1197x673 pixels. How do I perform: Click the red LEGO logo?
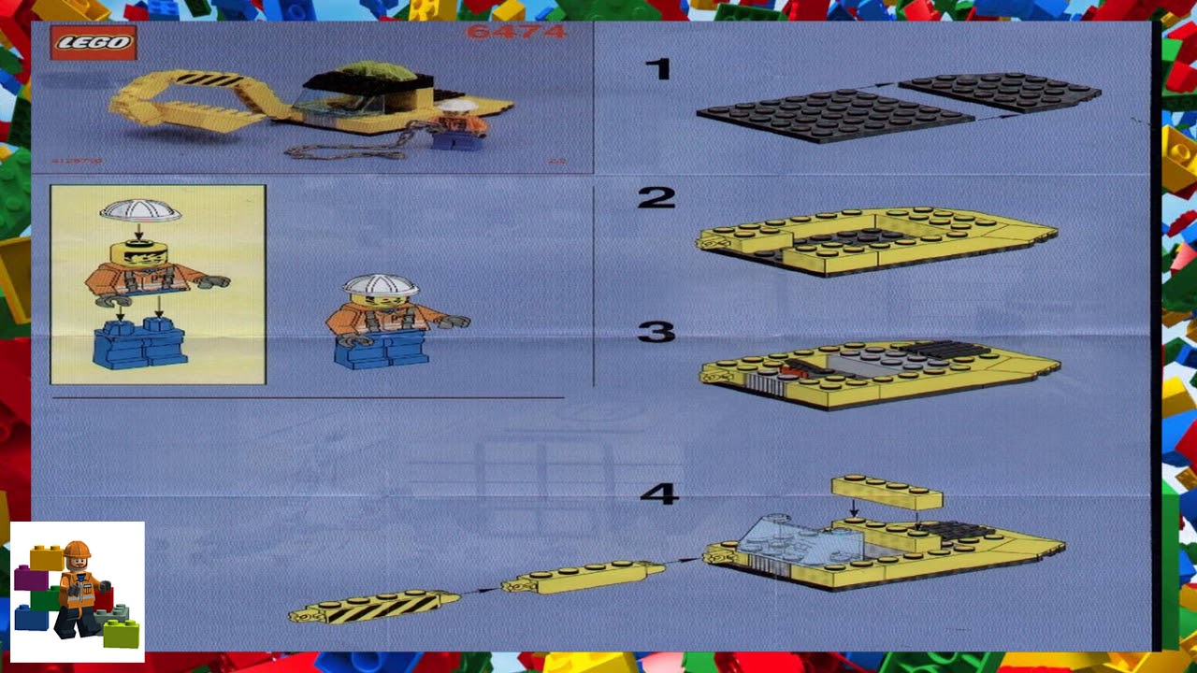coord(94,43)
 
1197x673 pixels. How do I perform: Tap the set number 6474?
coord(516,33)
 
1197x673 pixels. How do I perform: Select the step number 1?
coord(658,68)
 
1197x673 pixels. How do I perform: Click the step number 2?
coord(656,197)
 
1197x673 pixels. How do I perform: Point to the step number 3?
coord(656,332)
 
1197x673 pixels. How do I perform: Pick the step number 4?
coord(658,494)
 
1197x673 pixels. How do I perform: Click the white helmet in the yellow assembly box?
coord(140,211)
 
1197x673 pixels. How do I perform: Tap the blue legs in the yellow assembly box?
coord(140,343)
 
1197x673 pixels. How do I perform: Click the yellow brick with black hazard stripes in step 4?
coord(374,608)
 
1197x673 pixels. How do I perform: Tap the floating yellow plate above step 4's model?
coord(887,493)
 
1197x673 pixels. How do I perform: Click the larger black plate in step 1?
coord(832,115)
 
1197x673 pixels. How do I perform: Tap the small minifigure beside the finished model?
coord(460,126)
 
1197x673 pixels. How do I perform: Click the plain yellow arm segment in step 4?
coord(583,578)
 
